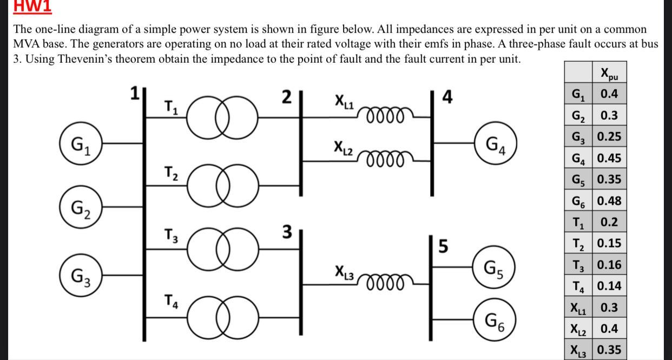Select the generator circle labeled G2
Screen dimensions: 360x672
point(82,206)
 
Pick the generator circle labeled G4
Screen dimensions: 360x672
point(496,143)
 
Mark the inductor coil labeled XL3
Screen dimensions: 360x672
point(385,283)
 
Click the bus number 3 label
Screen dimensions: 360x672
point(287,232)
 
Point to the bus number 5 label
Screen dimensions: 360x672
point(443,247)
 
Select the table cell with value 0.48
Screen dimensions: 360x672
point(610,201)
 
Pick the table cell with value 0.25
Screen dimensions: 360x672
point(610,137)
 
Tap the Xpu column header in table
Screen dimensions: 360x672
point(610,73)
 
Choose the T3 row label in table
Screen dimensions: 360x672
point(578,265)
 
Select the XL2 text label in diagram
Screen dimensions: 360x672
point(345,147)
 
